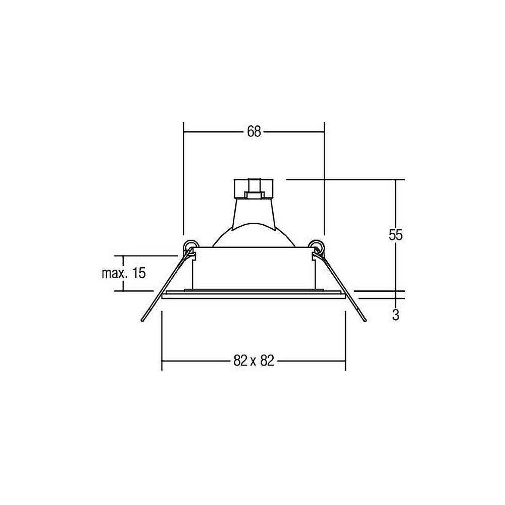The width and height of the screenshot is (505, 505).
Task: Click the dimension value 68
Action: pos(254,132)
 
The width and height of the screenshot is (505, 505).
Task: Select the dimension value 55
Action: pos(395,235)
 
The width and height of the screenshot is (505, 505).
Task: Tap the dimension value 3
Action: pos(396,315)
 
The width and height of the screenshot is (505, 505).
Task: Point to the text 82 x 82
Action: pos(254,361)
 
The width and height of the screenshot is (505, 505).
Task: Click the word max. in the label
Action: pos(113,274)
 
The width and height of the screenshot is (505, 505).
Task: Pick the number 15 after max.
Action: pos(139,273)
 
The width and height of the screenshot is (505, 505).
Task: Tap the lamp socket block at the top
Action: pos(254,189)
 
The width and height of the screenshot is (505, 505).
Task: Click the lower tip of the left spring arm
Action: pos(142,321)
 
